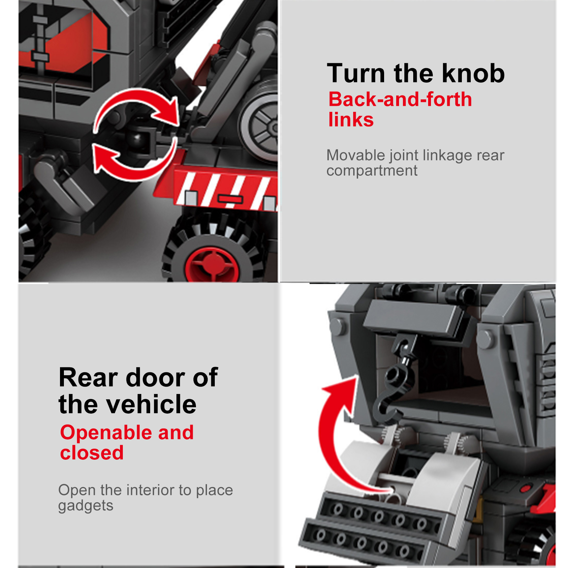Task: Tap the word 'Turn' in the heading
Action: pyautogui.click(x=356, y=73)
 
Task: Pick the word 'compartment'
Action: pyautogui.click(x=372, y=171)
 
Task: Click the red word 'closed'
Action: pyautogui.click(x=92, y=453)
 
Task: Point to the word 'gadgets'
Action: pyautogui.click(x=86, y=506)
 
